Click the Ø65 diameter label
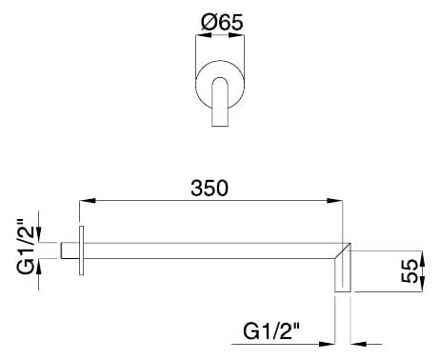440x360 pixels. (222, 22)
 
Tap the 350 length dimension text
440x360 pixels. (210, 188)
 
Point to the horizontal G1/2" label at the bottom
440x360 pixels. (271, 331)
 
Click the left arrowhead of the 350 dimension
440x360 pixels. (88, 201)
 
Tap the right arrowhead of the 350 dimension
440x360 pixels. (335, 201)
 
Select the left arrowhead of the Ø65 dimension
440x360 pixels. (204, 35)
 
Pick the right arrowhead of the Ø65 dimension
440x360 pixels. (237, 35)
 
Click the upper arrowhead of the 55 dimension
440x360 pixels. (422, 259)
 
